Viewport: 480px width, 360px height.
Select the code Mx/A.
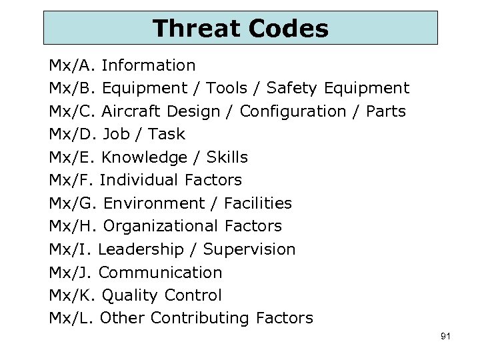(x=73, y=65)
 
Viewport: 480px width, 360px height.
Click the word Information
(x=149, y=65)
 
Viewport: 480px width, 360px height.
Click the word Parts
(x=386, y=111)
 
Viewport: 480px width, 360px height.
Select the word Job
(x=116, y=134)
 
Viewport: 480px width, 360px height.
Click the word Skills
(x=227, y=157)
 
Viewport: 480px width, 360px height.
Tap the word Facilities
(x=258, y=203)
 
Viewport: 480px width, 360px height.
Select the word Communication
(x=160, y=272)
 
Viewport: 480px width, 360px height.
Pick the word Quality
(x=130, y=295)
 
